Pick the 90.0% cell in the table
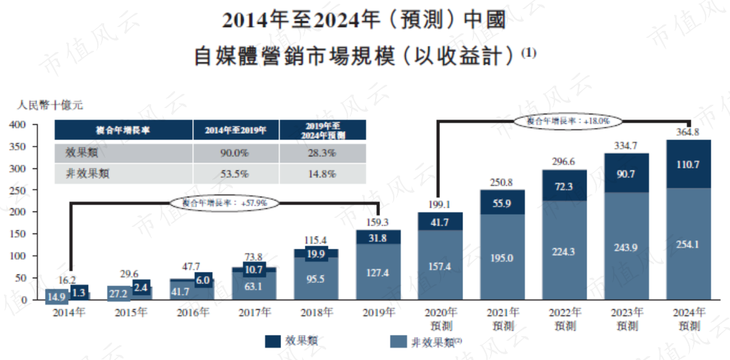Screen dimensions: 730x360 235,153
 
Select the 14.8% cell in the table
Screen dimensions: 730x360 323,174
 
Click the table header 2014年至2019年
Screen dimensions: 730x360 235,130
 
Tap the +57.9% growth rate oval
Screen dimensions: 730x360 224,203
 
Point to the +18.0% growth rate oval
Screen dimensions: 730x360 567,120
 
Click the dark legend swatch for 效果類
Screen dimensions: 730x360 273,341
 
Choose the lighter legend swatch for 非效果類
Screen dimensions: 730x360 397,341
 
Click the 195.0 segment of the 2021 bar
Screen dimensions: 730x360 502,256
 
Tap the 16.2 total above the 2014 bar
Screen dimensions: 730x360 68,280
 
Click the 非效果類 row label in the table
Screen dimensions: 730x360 85,174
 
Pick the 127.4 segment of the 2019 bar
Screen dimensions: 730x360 379,272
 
